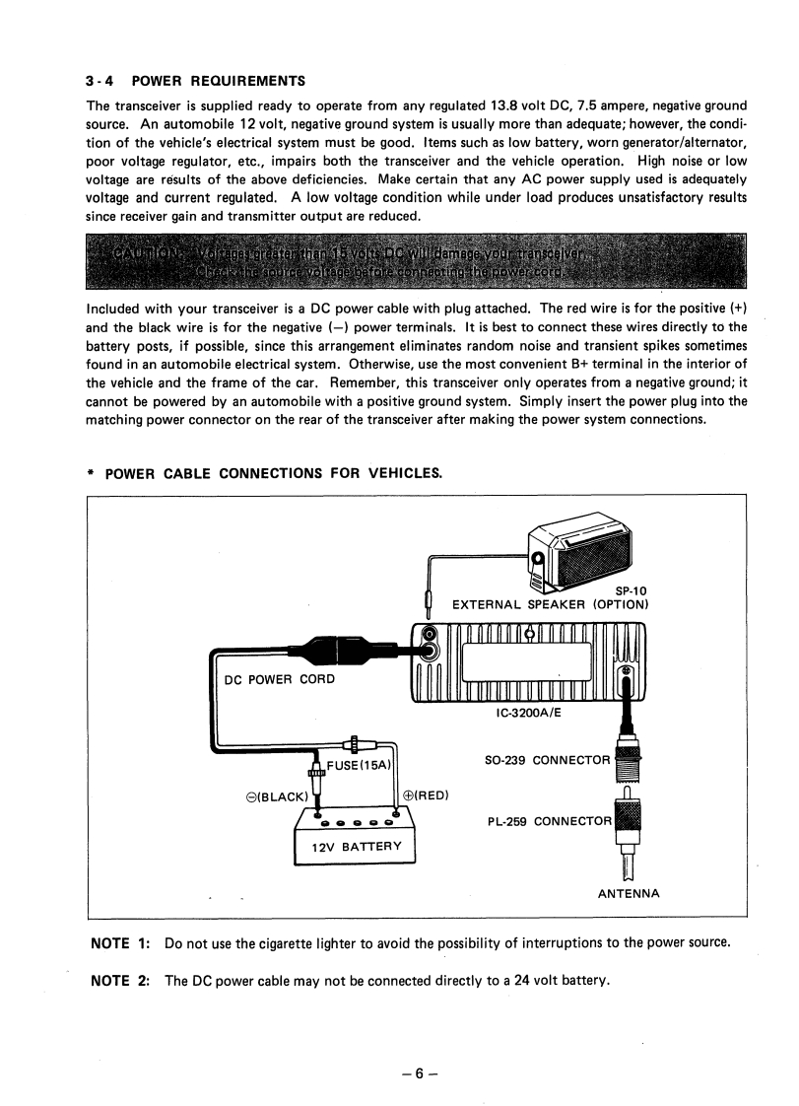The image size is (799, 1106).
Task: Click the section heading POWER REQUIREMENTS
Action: point(218,80)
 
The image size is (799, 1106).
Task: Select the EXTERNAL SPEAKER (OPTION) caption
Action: point(549,604)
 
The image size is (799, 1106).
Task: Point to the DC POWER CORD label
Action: point(280,678)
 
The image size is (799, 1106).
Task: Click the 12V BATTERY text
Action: point(356,847)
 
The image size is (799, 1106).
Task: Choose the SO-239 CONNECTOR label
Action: point(548,761)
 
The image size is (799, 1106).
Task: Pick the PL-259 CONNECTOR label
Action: point(550,820)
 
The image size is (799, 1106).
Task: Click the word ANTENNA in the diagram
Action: point(630,894)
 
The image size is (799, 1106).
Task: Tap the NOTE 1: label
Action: point(119,943)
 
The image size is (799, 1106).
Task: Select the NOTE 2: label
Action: point(119,981)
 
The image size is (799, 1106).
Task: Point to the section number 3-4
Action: point(101,80)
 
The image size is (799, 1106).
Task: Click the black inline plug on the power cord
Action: point(331,652)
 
